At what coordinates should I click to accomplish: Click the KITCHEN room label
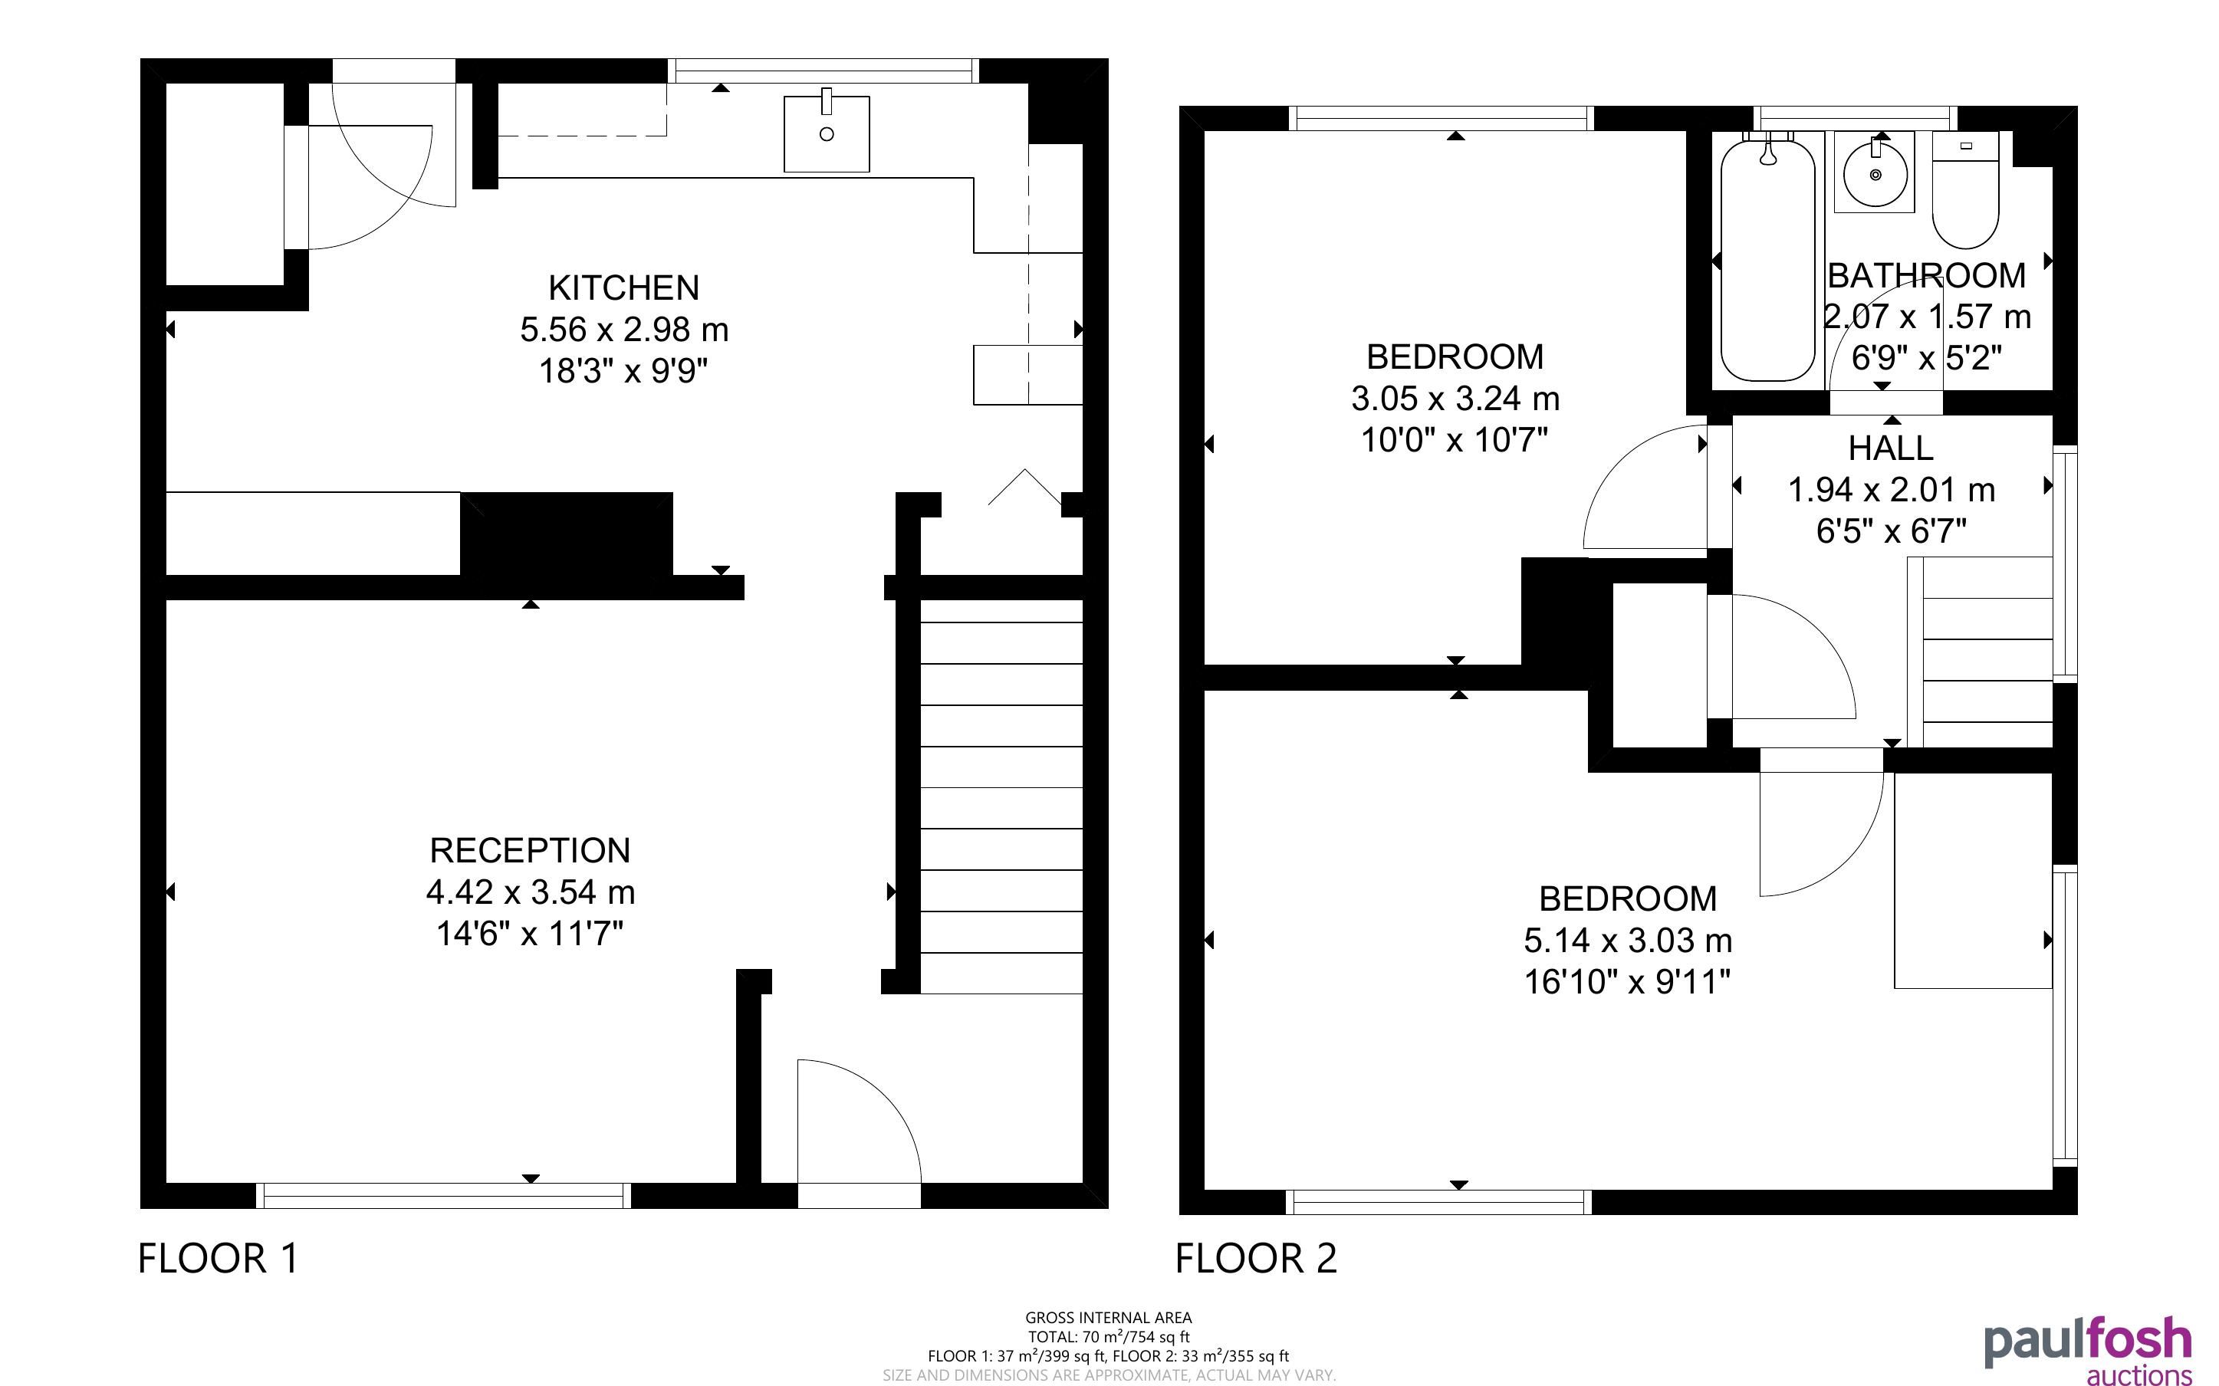point(623,287)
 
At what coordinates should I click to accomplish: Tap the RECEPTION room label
point(530,851)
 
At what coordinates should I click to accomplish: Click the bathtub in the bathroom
point(1767,258)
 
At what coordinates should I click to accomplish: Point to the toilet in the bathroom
point(1965,190)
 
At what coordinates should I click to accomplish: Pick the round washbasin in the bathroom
point(1875,172)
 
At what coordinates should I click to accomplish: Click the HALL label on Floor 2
point(1890,448)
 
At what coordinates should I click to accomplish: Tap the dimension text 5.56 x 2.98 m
point(624,329)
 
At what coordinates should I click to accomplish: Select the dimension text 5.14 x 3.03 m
point(1628,941)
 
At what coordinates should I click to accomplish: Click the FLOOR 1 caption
point(218,1258)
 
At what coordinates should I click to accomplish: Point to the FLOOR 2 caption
point(1256,1258)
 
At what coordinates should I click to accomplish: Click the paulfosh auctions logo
point(2088,1352)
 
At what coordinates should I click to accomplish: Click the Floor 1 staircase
point(1001,796)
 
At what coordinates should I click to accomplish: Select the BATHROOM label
point(1927,276)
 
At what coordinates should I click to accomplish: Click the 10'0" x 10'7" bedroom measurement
point(1455,440)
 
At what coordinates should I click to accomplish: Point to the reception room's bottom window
point(442,1195)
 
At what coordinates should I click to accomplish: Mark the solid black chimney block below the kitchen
point(567,534)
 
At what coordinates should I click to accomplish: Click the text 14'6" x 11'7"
point(530,933)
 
